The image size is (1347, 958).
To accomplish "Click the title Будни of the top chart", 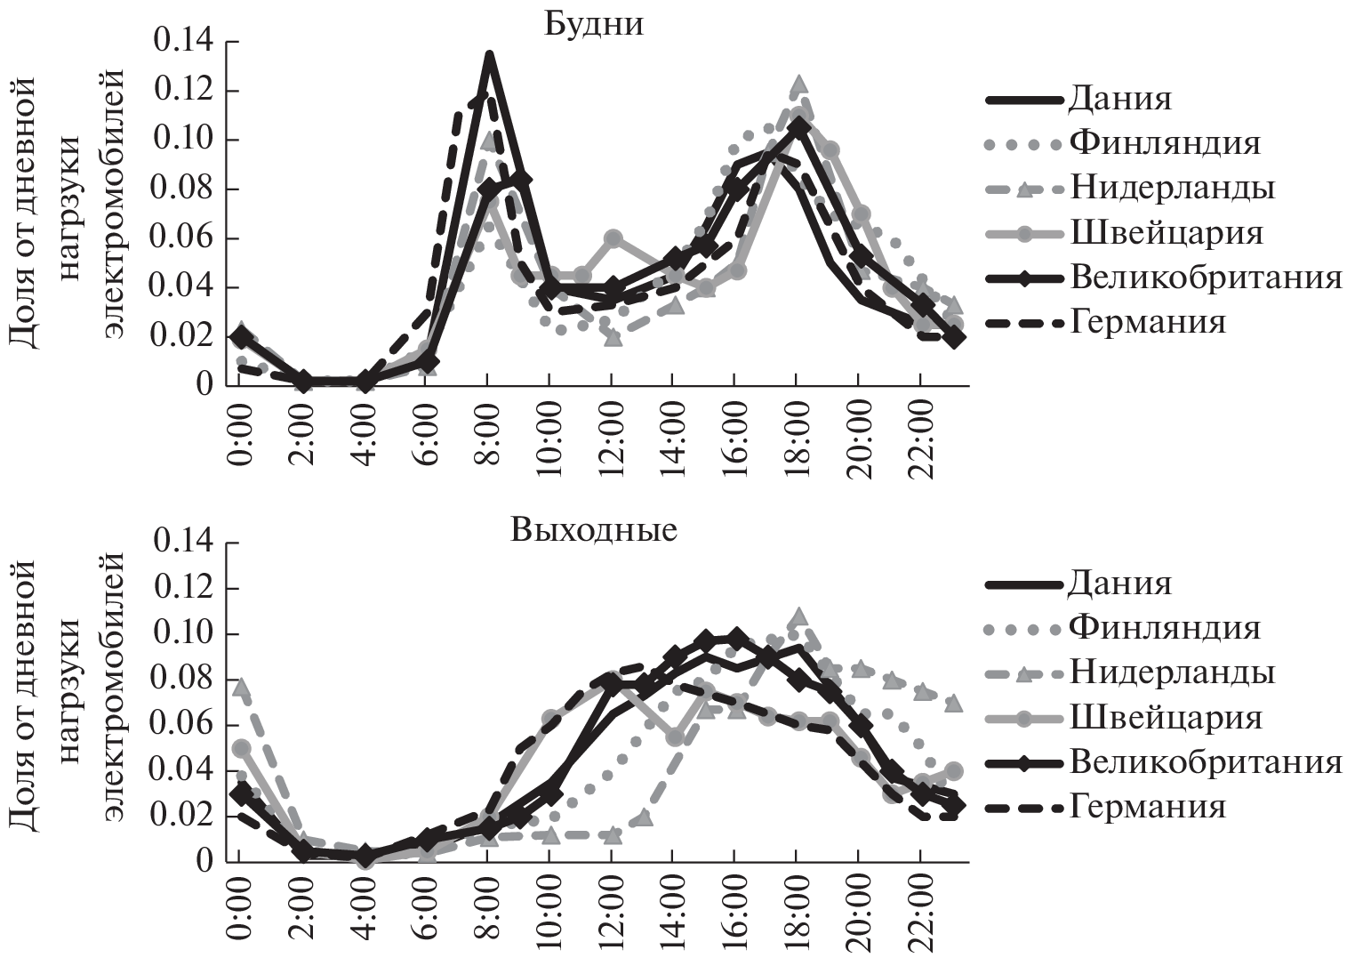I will coord(594,24).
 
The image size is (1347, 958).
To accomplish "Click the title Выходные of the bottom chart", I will coord(594,531).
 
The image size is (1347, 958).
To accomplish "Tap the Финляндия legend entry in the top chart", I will coord(1165,142).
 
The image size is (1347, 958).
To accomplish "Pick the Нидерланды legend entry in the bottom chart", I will coord(1172,672).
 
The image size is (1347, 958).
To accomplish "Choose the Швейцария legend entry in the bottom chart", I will coord(1166,717).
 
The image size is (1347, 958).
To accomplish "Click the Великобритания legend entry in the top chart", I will coord(1206,277).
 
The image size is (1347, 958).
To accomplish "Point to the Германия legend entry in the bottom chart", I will coord(1148,807).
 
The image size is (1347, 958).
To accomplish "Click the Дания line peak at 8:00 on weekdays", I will coord(488,55).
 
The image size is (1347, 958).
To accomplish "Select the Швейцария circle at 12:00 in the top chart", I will coord(612,238).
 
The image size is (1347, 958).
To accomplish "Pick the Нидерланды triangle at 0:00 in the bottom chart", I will coord(239,687).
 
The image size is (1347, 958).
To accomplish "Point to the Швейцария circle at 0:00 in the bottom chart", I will coord(241,748).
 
